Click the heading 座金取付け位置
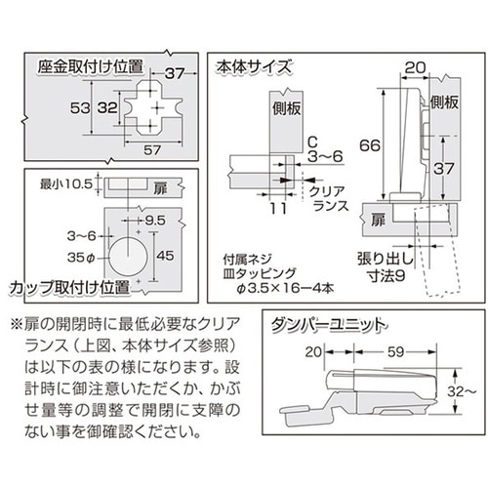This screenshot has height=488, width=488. [x=91, y=67]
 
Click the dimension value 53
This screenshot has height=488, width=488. [x=80, y=107]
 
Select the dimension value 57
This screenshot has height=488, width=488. [x=152, y=150]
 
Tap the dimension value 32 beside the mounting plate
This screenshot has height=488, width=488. [x=107, y=107]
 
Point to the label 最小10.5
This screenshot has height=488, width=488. [x=66, y=184]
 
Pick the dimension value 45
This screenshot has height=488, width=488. [x=165, y=256]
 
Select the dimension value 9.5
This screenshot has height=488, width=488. [x=155, y=221]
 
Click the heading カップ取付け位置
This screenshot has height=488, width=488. [x=69, y=288]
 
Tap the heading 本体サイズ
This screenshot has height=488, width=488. [x=254, y=67]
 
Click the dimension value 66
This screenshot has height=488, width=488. [x=370, y=145]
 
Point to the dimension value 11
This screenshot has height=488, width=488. [x=278, y=208]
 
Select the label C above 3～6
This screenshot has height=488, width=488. [x=312, y=142]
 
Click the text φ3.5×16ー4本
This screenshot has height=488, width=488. [x=285, y=288]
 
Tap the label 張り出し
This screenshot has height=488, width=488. [x=386, y=259]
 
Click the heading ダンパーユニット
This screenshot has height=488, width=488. [x=329, y=325]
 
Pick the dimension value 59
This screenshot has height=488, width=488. [x=396, y=351]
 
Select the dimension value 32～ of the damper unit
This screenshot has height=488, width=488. [x=462, y=391]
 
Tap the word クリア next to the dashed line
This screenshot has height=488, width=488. [x=326, y=191]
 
